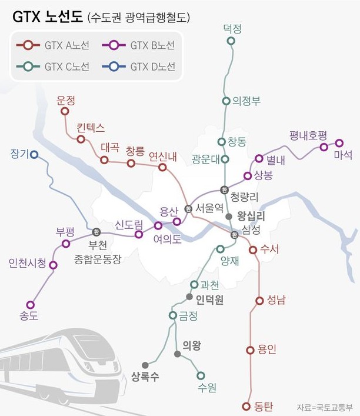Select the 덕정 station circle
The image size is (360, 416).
231,41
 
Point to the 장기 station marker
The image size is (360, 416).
34,155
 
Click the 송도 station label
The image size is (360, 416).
29,317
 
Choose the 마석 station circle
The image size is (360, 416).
339,142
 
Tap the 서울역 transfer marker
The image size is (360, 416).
188,208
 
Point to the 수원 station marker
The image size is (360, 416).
201,375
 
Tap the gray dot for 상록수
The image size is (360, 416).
145,365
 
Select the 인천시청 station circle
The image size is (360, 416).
54,265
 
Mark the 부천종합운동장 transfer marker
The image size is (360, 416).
96,231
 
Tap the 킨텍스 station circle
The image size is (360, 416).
81,139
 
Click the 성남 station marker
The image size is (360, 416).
259,301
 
